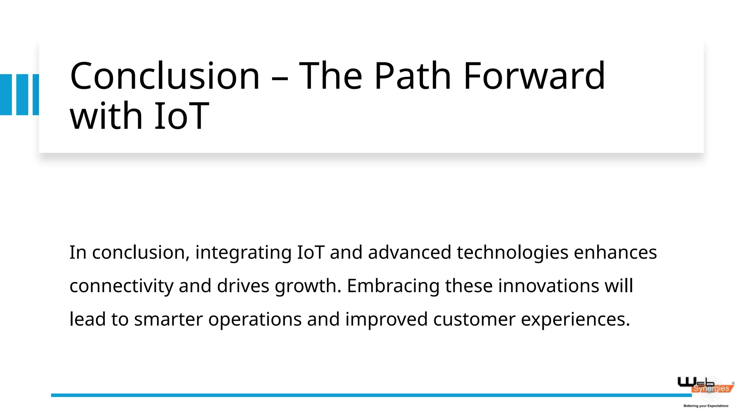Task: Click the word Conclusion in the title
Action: (x=165, y=76)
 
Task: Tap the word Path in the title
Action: (x=412, y=76)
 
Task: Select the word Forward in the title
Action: (x=534, y=76)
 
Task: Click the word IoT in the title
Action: (x=181, y=116)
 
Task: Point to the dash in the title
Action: (x=279, y=78)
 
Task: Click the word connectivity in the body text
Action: (x=121, y=286)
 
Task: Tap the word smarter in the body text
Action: (x=168, y=320)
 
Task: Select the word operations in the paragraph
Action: (x=255, y=320)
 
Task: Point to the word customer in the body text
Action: (x=474, y=320)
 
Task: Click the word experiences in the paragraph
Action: (x=575, y=320)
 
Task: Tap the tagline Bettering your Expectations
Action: (x=706, y=406)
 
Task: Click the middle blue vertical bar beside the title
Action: (x=22, y=95)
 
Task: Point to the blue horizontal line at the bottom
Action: (x=363, y=395)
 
